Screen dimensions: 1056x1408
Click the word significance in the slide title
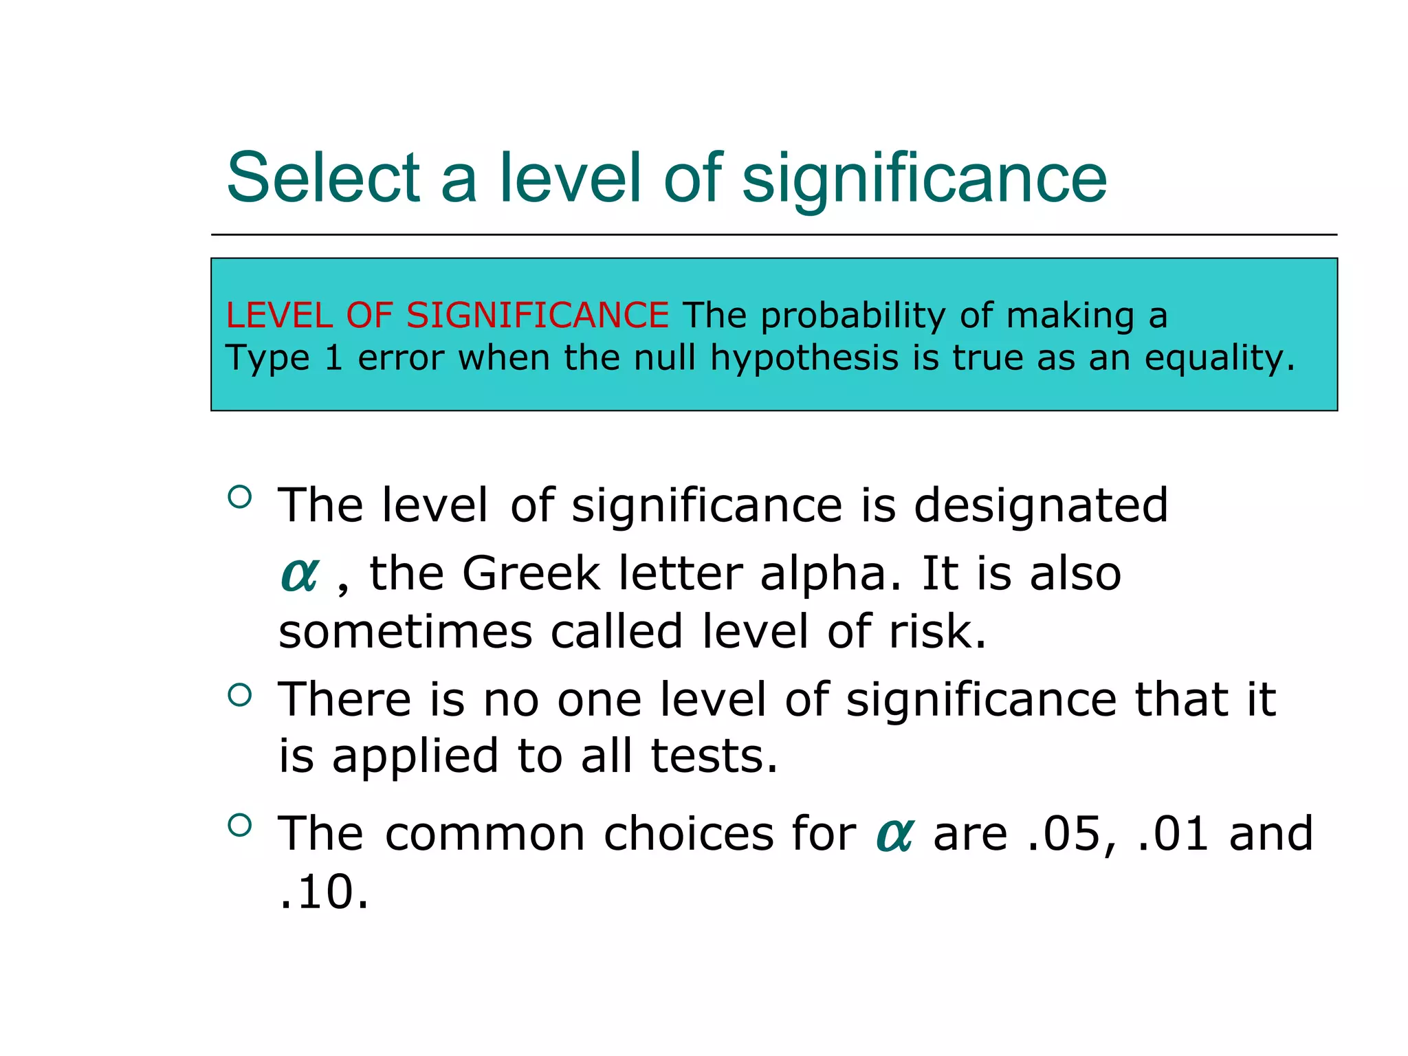point(924,180)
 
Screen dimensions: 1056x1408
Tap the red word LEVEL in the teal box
point(279,316)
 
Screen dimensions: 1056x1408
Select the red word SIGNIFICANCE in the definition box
point(537,316)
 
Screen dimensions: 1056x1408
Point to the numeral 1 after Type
point(333,358)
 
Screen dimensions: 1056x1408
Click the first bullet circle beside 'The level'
point(239,497)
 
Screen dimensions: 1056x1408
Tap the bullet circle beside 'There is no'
point(239,696)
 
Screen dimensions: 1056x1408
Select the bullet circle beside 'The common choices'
point(239,826)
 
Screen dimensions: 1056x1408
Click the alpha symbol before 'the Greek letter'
point(300,574)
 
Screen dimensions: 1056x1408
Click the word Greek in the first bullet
point(531,573)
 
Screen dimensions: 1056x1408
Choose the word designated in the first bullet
point(1041,505)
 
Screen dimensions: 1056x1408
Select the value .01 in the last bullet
point(1172,834)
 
